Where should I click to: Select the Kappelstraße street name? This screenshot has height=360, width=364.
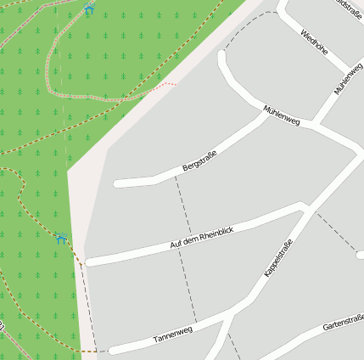click(x=278, y=258)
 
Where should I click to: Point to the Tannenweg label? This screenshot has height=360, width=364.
click(x=173, y=335)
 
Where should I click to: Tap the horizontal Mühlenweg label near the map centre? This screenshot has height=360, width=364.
click(x=282, y=115)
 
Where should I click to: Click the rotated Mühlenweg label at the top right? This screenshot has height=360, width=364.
click(x=348, y=78)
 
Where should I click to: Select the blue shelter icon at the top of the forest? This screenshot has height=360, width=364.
click(x=89, y=9)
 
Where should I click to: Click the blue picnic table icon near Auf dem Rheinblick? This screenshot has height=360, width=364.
click(x=60, y=239)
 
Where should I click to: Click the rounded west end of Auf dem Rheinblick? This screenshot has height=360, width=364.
click(x=89, y=262)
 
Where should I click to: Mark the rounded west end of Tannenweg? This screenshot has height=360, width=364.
click(x=112, y=350)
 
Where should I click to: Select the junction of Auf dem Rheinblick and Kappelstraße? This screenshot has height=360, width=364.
click(x=303, y=206)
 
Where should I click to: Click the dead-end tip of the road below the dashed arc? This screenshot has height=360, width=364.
click(x=223, y=56)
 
